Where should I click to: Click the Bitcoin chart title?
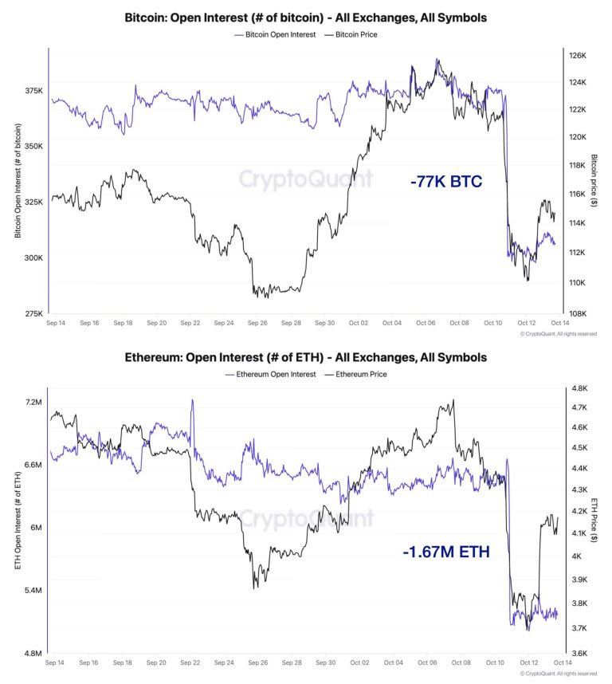(x=305, y=17)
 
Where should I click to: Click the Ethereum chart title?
(x=305, y=357)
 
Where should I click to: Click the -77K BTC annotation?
(x=446, y=182)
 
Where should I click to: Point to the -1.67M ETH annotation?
(x=446, y=552)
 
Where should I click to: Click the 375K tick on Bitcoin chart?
(x=33, y=91)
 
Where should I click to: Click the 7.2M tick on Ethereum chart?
(x=33, y=403)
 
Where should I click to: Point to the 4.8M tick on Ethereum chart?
(x=33, y=654)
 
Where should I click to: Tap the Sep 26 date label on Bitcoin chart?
(x=257, y=324)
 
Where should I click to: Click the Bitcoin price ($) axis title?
(x=594, y=184)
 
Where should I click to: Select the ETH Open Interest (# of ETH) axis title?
(x=18, y=526)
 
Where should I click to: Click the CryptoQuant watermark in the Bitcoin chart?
(x=306, y=178)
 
